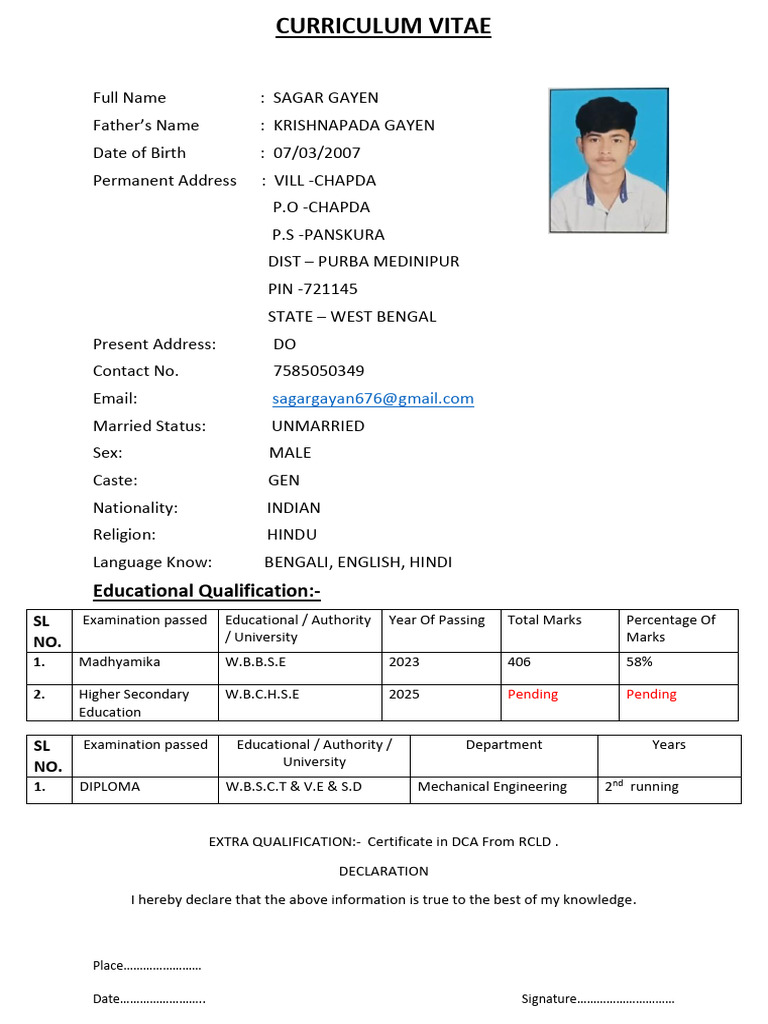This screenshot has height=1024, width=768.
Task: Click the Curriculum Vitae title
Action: coord(383,26)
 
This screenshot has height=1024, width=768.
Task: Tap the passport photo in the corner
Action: coord(608,160)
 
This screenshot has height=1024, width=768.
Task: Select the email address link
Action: coord(373,398)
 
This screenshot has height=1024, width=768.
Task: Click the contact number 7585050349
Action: coord(318,371)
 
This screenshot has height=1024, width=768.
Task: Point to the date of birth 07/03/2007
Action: coord(316,153)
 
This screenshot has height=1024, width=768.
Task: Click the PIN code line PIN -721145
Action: coord(312,289)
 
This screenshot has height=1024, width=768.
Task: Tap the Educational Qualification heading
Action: coord(206,591)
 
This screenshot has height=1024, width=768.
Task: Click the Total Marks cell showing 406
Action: coord(519,662)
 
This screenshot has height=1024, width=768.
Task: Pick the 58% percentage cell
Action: coord(639,662)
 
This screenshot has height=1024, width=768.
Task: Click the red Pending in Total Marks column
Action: coord(532,694)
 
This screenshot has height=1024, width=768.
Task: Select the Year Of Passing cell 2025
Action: coord(404,694)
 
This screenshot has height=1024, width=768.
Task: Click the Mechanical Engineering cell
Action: coord(492,787)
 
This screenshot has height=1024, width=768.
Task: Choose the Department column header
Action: coord(504,745)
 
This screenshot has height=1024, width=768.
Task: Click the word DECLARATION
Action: coord(383,871)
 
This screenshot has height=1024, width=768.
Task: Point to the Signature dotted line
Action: coord(626,998)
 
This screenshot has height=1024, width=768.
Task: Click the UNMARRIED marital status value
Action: coord(318,426)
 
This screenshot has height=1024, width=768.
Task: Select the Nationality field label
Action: coord(135,508)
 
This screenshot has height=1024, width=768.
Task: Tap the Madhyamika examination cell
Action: coord(119,662)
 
